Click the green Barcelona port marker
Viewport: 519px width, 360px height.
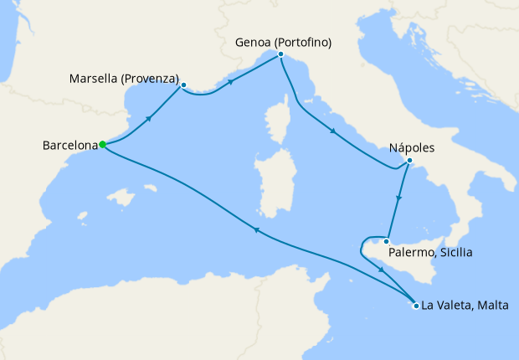tap(102, 144)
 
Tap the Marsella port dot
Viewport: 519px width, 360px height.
tap(182, 85)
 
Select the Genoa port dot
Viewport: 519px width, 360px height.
tap(280, 54)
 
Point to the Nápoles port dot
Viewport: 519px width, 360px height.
tap(409, 161)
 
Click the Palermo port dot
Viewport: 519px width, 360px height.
tap(385, 242)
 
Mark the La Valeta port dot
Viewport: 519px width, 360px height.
tap(416, 306)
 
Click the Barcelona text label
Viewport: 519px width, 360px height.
tap(69, 146)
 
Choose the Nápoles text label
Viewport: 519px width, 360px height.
tap(412, 147)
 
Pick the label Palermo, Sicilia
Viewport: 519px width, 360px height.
tap(429, 251)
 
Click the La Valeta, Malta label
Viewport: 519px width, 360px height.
tap(465, 306)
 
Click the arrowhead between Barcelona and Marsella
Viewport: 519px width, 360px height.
tap(149, 117)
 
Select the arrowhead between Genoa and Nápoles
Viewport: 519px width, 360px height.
tap(334, 131)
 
